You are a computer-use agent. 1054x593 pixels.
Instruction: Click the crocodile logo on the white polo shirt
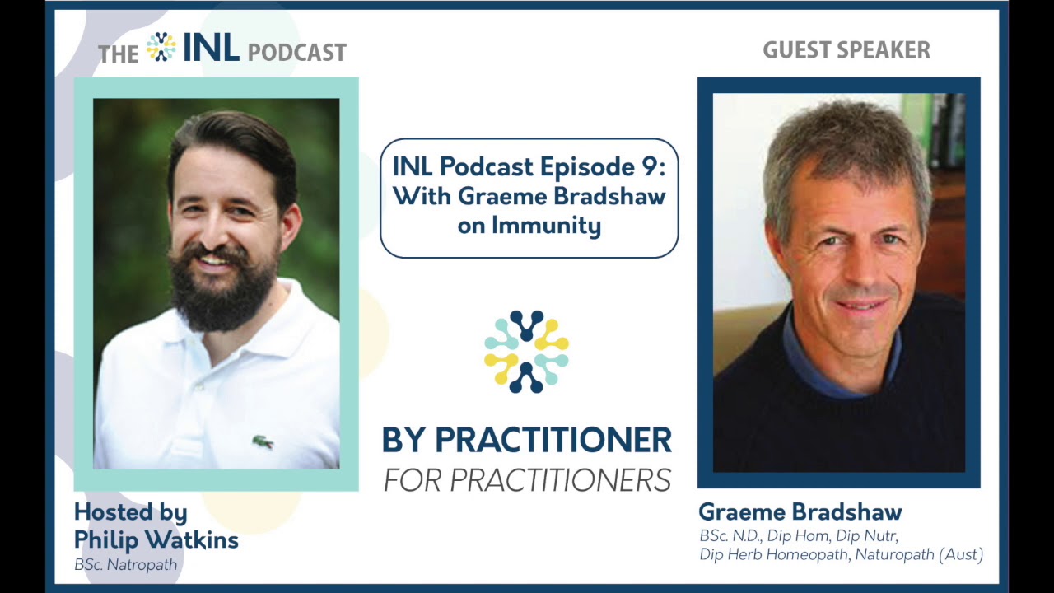[x=263, y=442]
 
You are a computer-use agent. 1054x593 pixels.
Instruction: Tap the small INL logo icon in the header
[x=161, y=47]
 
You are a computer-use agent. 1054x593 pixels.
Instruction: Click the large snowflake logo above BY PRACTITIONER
[x=526, y=351]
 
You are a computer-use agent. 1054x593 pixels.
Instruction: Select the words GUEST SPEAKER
[x=846, y=50]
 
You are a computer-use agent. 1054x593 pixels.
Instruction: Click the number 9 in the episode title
[x=651, y=166]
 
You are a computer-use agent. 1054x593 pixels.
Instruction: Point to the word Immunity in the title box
[x=546, y=226]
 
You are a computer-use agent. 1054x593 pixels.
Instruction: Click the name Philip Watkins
[x=156, y=539]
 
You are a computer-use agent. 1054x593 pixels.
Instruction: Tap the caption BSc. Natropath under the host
[x=126, y=564]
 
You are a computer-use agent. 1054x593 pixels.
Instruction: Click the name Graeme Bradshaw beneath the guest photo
[x=800, y=512]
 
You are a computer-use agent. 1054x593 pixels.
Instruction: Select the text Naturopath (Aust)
[x=919, y=554]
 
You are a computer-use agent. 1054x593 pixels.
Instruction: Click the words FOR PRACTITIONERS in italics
[x=528, y=480]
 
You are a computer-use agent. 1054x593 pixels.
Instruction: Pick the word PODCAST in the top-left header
[x=297, y=52]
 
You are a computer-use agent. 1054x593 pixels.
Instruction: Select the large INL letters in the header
[x=212, y=48]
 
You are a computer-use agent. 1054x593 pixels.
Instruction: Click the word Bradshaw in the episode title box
[x=609, y=196]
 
